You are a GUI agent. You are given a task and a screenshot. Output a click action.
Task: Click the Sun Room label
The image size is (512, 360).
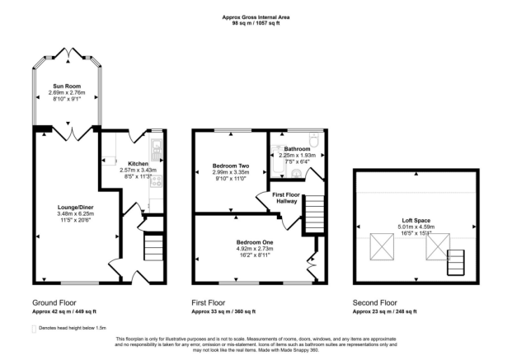(x=67, y=86)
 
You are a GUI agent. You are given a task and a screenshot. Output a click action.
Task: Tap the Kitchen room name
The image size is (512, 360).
(x=139, y=163)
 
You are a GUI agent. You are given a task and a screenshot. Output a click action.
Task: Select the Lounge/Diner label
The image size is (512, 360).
(x=75, y=208)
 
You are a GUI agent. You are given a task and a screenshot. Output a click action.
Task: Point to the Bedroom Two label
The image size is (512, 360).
(x=231, y=166)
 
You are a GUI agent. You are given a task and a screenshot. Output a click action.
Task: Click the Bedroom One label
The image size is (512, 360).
(x=255, y=242)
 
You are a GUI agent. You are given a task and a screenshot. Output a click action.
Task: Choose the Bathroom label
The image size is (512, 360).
(x=297, y=149)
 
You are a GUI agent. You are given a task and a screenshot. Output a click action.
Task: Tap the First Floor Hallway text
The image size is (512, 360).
(x=286, y=198)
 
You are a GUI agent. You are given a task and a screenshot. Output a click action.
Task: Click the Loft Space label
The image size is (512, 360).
(x=416, y=220)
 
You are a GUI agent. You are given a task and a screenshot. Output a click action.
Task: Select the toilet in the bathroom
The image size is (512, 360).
(x=314, y=140)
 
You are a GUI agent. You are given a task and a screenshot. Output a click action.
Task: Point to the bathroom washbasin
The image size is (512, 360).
(x=297, y=174)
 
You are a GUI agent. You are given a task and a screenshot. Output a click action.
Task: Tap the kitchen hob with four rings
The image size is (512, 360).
(x=156, y=181)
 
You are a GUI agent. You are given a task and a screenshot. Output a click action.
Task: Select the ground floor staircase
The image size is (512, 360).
(x=153, y=247)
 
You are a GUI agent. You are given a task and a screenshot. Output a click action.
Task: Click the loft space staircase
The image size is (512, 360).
(x=456, y=263)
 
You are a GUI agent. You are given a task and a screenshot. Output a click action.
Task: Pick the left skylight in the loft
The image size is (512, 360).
(x=382, y=247)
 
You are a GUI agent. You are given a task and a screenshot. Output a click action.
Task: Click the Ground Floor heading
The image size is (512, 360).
(x=54, y=302)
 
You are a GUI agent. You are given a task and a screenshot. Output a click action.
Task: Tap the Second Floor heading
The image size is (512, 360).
(x=375, y=302)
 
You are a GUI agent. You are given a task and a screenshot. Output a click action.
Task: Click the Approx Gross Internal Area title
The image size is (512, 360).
(x=256, y=17)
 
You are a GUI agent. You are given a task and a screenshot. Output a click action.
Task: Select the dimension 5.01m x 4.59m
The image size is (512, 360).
(x=416, y=227)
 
